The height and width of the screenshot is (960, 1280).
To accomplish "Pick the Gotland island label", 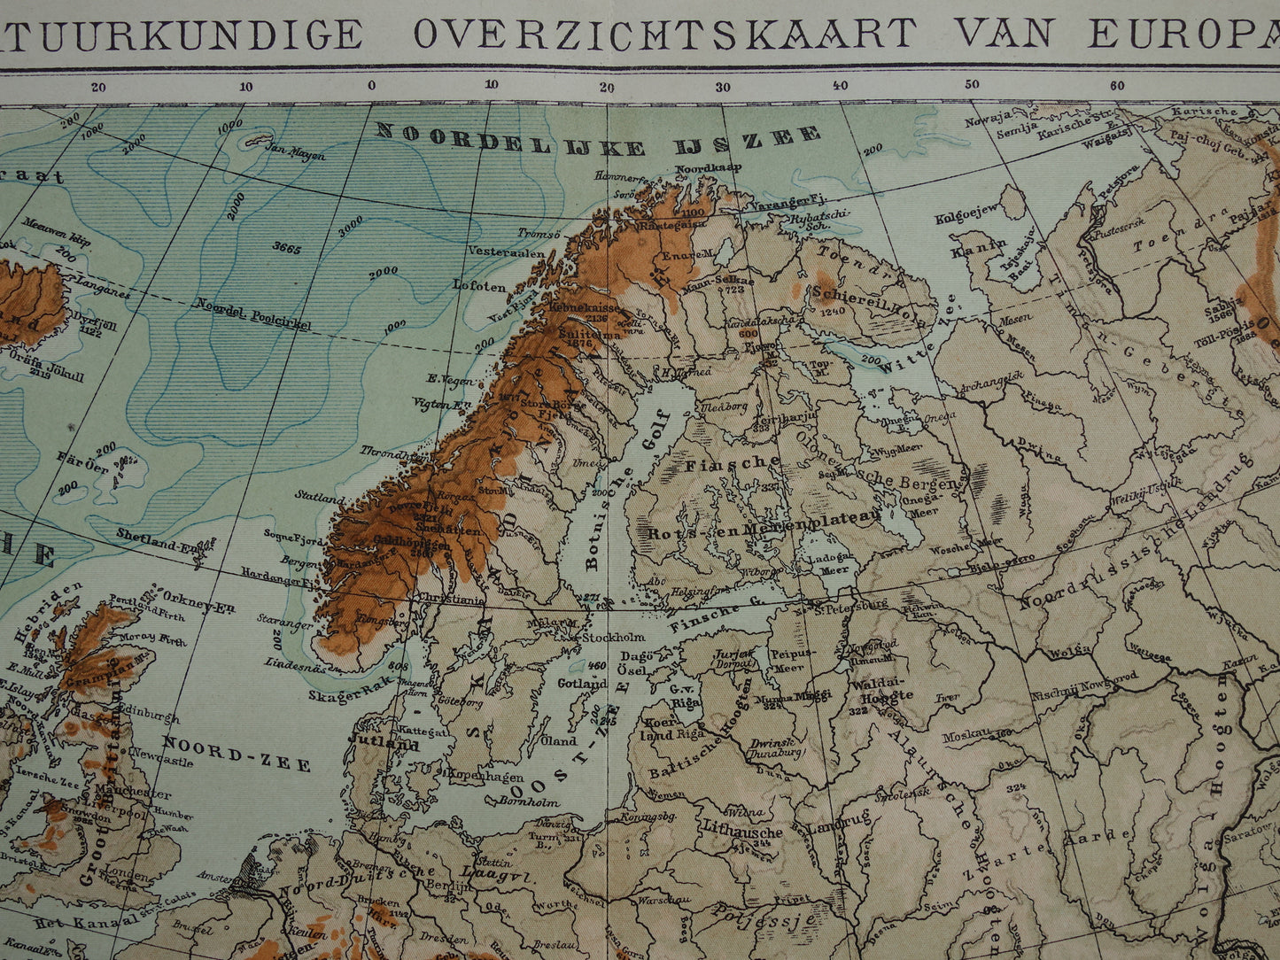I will click(x=581, y=684).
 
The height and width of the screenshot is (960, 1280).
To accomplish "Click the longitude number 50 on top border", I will click(x=972, y=85).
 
